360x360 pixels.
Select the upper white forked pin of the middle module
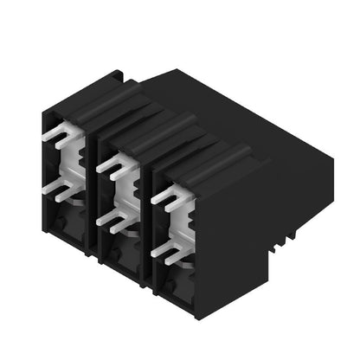[x=113, y=165]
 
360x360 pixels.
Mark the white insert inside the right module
[x=184, y=222]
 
